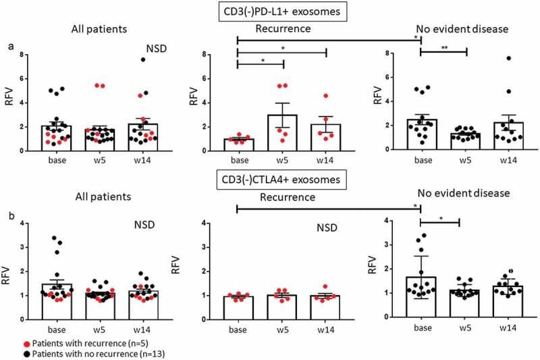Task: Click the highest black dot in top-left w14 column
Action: [162, 59]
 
